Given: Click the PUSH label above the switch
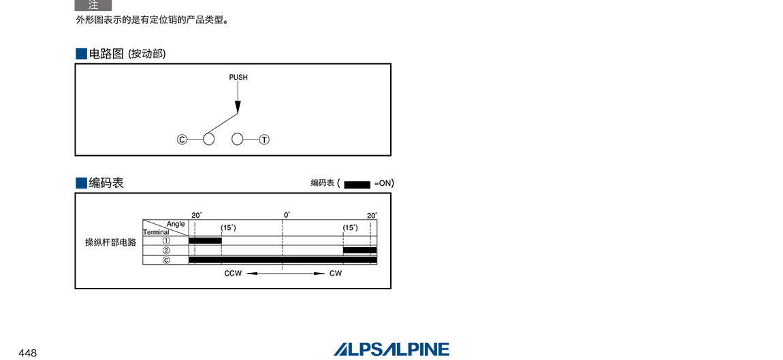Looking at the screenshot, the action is [238, 78].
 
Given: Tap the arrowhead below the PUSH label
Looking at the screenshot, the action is [238, 107].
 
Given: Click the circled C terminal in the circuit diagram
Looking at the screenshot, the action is [182, 140].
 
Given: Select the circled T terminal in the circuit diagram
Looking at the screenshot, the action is [264, 140].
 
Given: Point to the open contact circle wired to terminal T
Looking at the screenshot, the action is [238, 140].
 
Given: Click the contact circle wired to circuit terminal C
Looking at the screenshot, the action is [209, 140].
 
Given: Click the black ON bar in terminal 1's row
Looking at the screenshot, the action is [205, 241].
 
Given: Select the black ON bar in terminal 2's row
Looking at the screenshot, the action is [360, 250].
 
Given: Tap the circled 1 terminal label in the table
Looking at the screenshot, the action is [166, 241].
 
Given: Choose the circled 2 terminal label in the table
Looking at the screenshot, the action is [166, 250].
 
